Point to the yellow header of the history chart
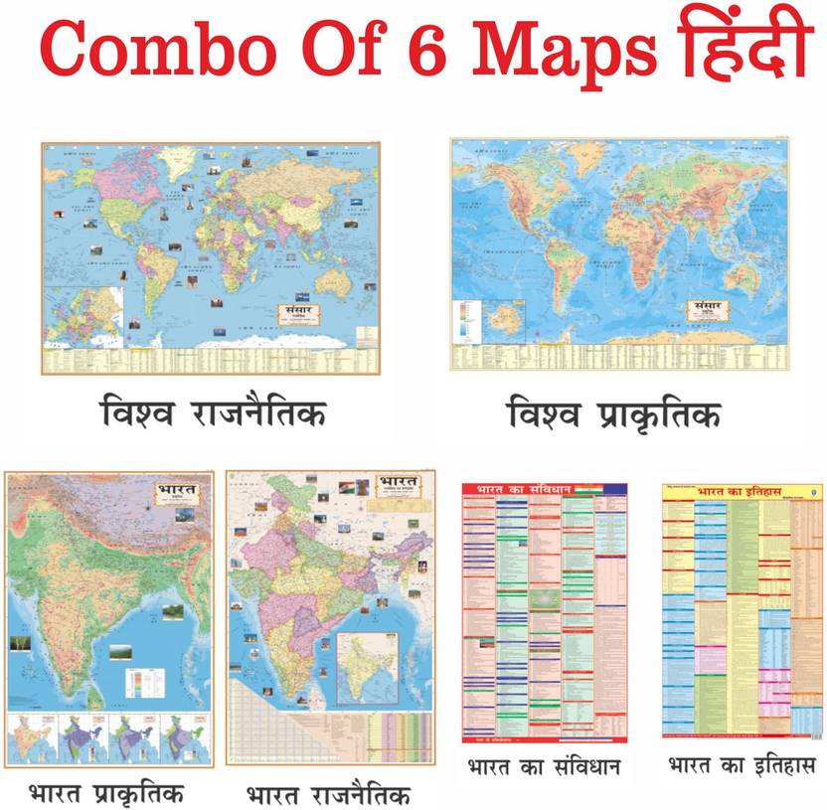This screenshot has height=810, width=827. pyautogui.click(x=742, y=491)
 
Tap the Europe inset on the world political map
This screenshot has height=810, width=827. pyautogui.click(x=83, y=315)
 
